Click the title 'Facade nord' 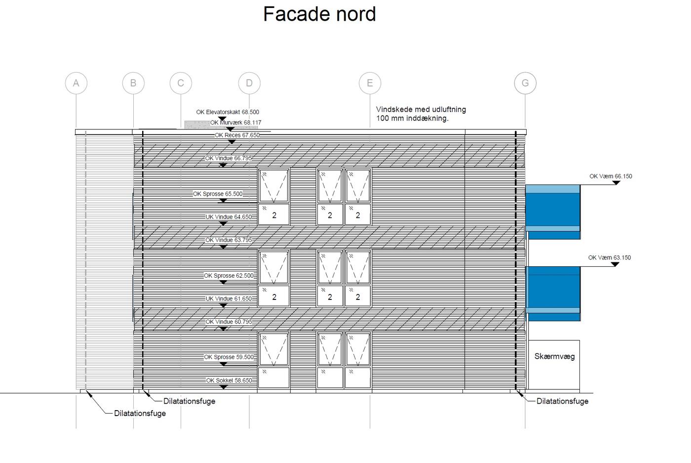pos(319,14)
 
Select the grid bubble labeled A pos(76,83)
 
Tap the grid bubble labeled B pos(133,83)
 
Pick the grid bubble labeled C pos(181,83)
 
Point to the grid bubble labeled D pos(249,83)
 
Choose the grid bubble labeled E pos(370,83)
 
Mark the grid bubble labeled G pos(525,83)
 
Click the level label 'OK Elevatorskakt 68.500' pos(228,112)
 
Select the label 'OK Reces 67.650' pos(237,135)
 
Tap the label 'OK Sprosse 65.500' pos(218,194)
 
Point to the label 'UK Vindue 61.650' pos(229,298)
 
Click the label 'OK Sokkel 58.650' pos(229,380)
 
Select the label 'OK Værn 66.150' pos(611,176)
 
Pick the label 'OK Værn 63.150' pos(610,257)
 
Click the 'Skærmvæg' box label pos(554,356)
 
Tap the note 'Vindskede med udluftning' pos(421,109)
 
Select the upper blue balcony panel pos(553,211)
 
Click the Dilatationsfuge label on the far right pos(562,401)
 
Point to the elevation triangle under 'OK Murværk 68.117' pos(230,129)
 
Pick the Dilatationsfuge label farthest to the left pos(140,413)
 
